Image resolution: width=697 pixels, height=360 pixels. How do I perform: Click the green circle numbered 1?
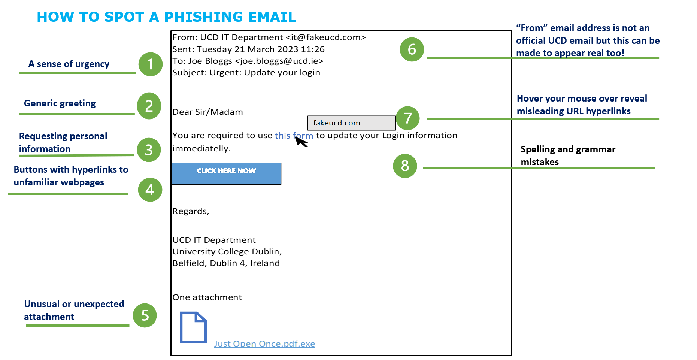point(150,64)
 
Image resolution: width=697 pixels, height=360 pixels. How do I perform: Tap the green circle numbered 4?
point(150,190)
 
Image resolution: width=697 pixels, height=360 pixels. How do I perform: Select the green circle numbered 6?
point(412,49)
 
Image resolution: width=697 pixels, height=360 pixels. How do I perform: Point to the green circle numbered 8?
point(405,166)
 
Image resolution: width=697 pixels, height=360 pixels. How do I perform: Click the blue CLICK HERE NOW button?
point(226,173)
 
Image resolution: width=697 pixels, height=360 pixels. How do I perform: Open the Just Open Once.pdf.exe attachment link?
point(264,344)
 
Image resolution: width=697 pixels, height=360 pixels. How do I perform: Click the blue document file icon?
point(193,327)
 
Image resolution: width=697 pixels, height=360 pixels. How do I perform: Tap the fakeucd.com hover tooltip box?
point(351,123)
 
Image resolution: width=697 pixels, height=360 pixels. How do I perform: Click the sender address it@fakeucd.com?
point(325,37)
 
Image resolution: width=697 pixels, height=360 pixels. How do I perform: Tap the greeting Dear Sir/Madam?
point(207,112)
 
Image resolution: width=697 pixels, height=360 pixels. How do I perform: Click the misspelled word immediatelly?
point(201,149)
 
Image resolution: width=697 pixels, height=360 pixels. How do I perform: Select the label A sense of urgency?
point(69,64)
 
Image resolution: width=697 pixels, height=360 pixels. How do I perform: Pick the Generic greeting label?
point(60,103)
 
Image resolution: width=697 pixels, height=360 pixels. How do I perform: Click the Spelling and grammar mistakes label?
point(567,155)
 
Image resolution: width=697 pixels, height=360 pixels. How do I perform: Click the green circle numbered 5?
point(145,315)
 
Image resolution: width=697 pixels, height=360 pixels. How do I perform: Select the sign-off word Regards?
point(190,211)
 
